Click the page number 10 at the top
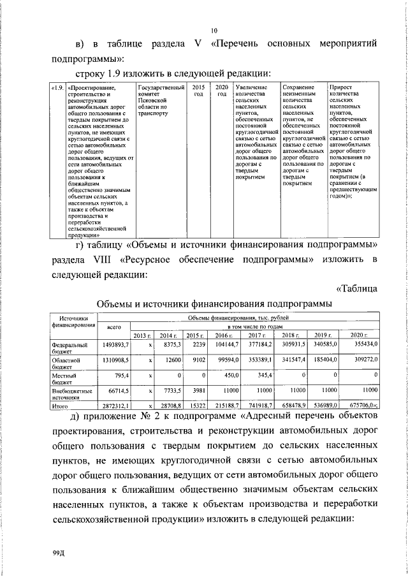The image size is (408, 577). tap(214, 30)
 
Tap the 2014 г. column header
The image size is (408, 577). tap(168, 335)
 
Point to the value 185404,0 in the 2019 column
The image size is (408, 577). tap(324, 360)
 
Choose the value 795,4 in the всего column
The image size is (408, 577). tap(122, 377)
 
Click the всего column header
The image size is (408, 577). tap(114, 326)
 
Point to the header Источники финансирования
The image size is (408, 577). tap(73, 322)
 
